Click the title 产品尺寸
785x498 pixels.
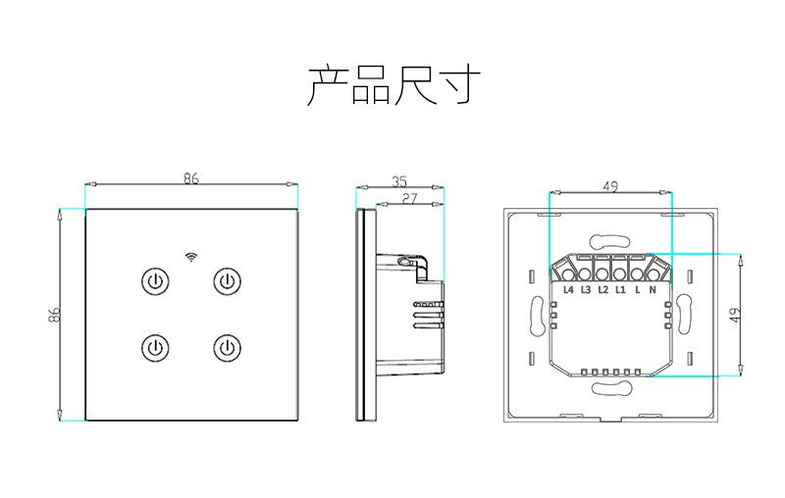(x=393, y=85)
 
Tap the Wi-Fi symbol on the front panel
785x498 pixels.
(x=190, y=257)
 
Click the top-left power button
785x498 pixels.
(x=155, y=281)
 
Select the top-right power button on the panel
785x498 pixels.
(x=228, y=281)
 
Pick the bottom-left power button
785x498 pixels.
(x=155, y=347)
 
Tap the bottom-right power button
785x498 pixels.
(x=228, y=347)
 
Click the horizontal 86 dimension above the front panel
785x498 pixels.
(x=190, y=178)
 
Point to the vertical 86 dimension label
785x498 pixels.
(x=54, y=315)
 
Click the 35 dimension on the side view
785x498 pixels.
(x=399, y=181)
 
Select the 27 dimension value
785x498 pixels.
(x=409, y=198)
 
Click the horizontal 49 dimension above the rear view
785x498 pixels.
(x=610, y=186)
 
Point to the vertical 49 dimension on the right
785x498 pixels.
(x=735, y=315)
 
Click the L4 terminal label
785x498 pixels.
(x=568, y=289)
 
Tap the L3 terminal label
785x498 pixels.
(x=586, y=289)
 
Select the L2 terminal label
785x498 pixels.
(x=602, y=289)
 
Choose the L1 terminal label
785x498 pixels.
(x=620, y=289)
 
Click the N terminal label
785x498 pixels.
(x=653, y=289)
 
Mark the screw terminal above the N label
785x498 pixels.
(x=654, y=274)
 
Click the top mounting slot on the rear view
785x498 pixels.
(x=610, y=242)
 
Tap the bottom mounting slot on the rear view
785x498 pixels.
(x=610, y=388)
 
